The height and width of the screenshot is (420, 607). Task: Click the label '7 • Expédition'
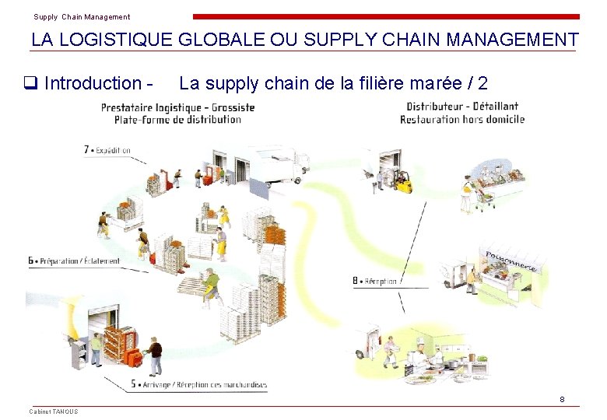[107, 150]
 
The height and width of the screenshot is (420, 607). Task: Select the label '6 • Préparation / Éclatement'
[74, 261]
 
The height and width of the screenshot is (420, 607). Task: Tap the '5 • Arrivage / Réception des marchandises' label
[199, 384]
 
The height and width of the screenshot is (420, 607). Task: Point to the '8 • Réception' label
[375, 281]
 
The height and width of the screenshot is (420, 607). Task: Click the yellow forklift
[403, 184]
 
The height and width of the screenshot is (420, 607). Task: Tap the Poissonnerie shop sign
[511, 261]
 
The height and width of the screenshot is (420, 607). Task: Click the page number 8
[562, 400]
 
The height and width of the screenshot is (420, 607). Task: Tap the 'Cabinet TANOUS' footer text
[54, 411]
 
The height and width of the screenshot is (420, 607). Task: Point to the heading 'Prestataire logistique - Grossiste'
[177, 107]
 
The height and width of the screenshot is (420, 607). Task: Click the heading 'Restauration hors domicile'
[462, 119]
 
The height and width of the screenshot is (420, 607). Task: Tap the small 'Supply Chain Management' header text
[82, 16]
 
